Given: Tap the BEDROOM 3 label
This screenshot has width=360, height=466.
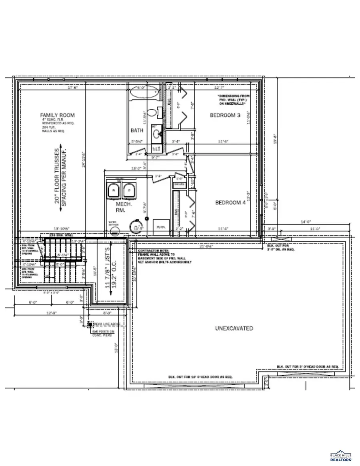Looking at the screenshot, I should [225, 115].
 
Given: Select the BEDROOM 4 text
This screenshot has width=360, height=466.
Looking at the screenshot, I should [230, 202].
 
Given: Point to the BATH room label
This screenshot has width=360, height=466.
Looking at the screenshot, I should [137, 130].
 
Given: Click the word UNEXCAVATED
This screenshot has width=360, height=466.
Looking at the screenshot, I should [234, 328].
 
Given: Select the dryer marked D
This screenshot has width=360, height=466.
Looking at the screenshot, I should [129, 190].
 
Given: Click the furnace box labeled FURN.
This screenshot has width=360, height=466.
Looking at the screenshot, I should [161, 227].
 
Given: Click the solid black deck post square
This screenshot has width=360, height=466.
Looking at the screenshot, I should [90, 324].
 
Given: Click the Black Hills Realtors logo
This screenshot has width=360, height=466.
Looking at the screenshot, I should [341, 457].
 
